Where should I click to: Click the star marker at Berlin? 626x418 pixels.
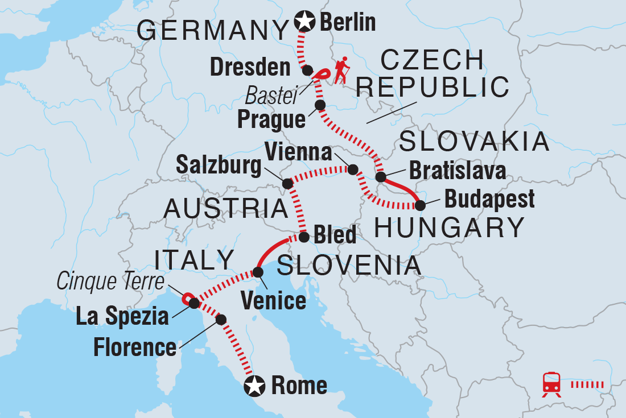pos(305,22)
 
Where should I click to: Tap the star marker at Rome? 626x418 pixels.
pos(254,387)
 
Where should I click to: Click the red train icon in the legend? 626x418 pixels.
pos(551,384)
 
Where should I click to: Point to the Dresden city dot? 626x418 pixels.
pos(307,71)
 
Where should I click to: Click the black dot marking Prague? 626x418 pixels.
pos(320,105)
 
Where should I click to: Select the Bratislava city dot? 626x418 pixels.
pos(381,177)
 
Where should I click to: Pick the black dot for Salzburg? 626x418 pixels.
pos(287,184)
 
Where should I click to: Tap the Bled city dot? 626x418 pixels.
pos(304,237)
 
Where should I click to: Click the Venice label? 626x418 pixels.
pos(273,300)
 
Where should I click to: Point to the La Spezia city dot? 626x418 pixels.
pos(194,304)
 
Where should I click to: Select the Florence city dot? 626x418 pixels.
pos(221,320)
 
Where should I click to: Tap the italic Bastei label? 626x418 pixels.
pos(278,98)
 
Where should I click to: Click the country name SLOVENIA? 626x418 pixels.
pos(348,266)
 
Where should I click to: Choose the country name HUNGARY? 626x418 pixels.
pos(449,228)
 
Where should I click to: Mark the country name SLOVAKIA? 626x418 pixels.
pos(474,142)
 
